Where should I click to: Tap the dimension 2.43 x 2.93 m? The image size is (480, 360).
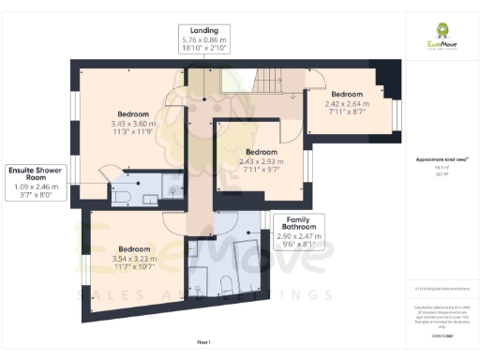(260, 161)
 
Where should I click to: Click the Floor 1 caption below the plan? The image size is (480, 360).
(203, 343)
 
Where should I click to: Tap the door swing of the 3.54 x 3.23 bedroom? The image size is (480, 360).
(174, 221)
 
